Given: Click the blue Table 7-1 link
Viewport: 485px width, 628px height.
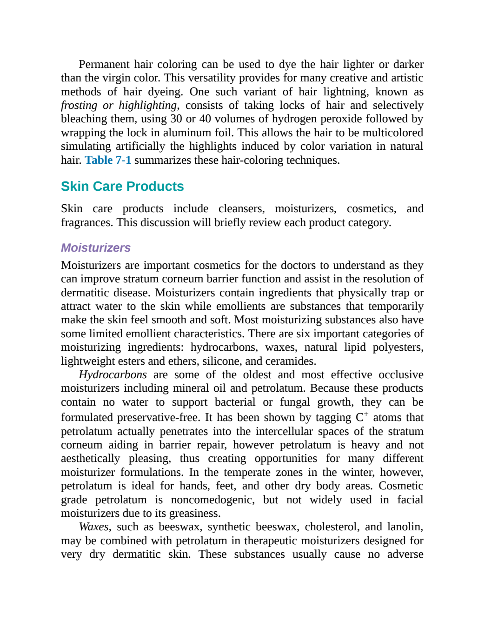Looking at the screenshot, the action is pos(108,160).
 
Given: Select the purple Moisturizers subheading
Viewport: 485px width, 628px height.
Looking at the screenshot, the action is pos(96,248).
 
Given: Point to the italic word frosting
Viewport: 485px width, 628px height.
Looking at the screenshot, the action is pos(79,106).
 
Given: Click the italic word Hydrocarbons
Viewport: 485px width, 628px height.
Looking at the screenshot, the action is pos(113,375).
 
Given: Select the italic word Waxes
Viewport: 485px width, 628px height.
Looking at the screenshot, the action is pos(94,527).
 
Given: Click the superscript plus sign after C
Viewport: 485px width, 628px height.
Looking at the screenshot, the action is pos(366,414).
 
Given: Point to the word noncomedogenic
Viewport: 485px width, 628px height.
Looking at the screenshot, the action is pos(213,500).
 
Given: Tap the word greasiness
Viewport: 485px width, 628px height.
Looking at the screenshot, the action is pos(195,513).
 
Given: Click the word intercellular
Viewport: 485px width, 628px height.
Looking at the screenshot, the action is pos(284,432).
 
